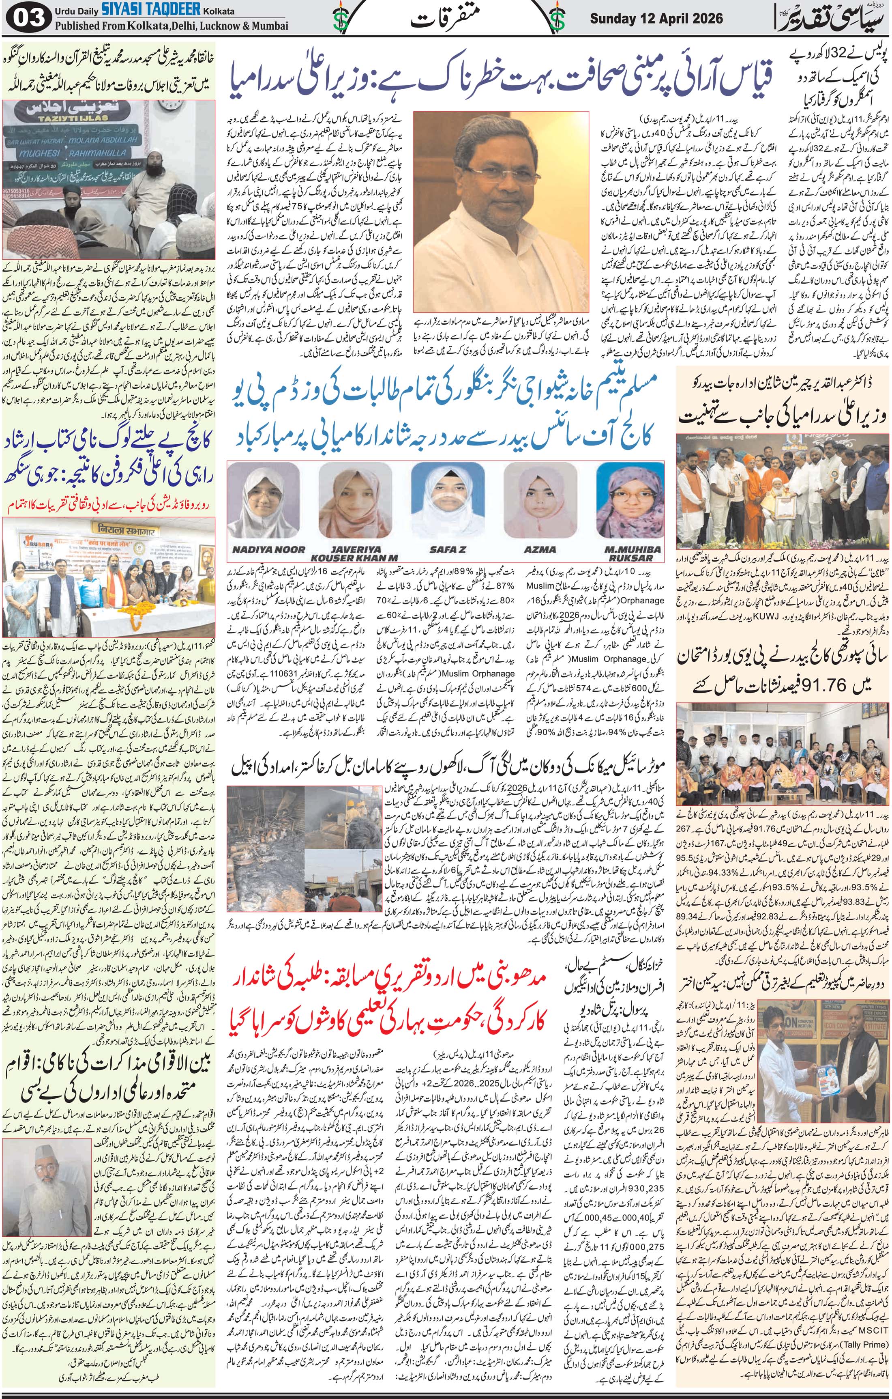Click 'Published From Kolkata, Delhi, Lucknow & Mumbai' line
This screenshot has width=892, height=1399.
(172, 26)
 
